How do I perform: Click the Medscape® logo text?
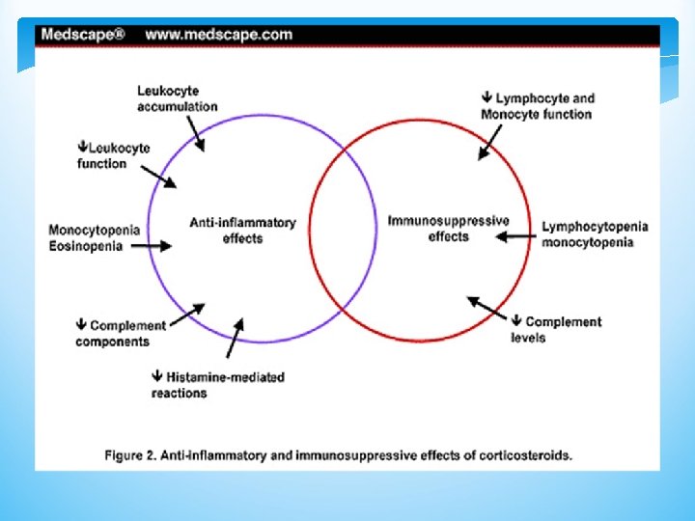[82, 34]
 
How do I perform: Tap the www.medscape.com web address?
[219, 34]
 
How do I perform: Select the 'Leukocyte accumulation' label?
[177, 98]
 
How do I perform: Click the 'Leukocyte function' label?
[114, 155]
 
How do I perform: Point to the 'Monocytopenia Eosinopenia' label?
[94, 237]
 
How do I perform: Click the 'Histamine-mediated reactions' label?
[217, 384]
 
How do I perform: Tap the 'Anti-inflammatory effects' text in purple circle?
[242, 230]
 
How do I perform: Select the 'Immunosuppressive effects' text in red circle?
[448, 228]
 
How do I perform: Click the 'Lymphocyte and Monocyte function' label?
[538, 106]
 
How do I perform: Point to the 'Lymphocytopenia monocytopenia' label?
[594, 234]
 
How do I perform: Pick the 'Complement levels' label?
[556, 329]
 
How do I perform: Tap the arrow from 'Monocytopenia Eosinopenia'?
[152, 246]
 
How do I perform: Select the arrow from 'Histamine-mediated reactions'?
[236, 337]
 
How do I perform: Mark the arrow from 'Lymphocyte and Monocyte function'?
[492, 144]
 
